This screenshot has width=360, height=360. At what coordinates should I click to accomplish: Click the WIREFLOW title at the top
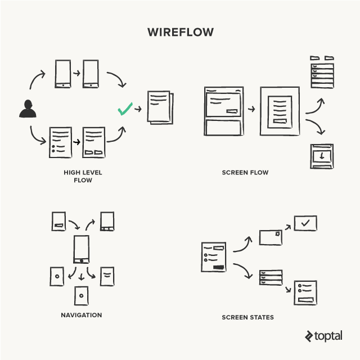pyautogui.click(x=180, y=32)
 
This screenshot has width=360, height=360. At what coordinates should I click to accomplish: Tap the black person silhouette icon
pyautogui.click(x=28, y=109)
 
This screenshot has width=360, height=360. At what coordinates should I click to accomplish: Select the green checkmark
pyautogui.click(x=125, y=108)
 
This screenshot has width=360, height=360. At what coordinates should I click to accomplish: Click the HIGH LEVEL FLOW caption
pyautogui.click(x=82, y=176)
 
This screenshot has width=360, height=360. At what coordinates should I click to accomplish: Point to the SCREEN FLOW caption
pyautogui.click(x=245, y=172)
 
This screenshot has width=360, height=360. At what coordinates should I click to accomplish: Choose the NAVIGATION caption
pyautogui.click(x=81, y=315)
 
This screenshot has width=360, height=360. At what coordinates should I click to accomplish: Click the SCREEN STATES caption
pyautogui.click(x=247, y=317)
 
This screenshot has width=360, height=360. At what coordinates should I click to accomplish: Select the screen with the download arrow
pyautogui.click(x=322, y=156)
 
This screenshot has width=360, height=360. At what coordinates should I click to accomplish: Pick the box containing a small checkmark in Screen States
pyautogui.click(x=305, y=223)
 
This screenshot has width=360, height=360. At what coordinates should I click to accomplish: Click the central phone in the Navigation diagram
pyautogui.click(x=82, y=250)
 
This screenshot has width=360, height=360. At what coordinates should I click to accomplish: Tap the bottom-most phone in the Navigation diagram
pyautogui.click(x=82, y=295)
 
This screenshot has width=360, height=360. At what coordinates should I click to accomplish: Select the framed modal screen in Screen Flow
pyautogui.click(x=280, y=110)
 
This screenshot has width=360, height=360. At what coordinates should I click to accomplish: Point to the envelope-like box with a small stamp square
pyautogui.click(x=270, y=237)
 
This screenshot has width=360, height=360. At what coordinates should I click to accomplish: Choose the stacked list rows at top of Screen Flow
pyautogui.click(x=322, y=73)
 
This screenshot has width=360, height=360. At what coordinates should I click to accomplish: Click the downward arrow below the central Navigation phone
pyautogui.click(x=82, y=276)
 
